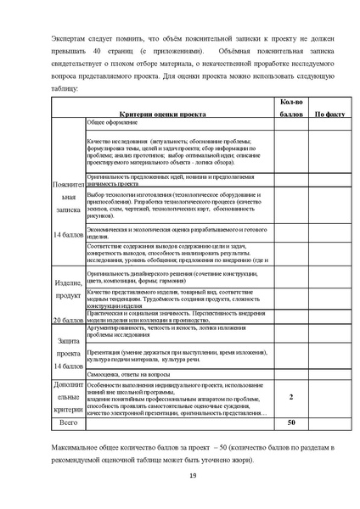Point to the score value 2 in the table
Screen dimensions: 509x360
click(x=291, y=396)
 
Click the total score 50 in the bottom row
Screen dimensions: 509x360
click(x=291, y=421)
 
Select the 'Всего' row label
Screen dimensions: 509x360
click(x=67, y=421)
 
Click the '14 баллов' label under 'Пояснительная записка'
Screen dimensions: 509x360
click(x=67, y=233)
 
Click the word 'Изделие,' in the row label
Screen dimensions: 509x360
click(x=67, y=282)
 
